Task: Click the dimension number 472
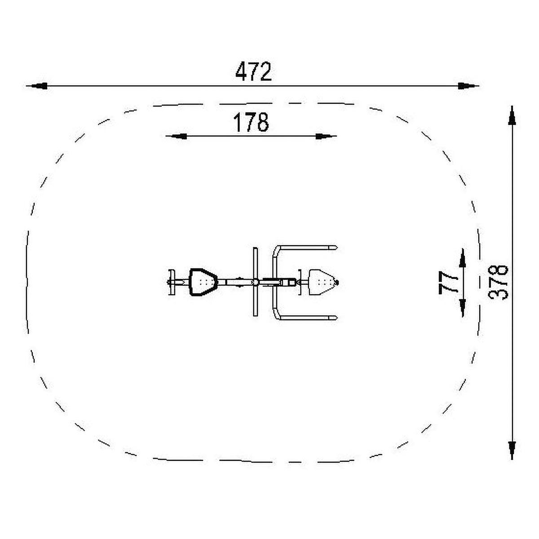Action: click(x=253, y=71)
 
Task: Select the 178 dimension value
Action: click(x=251, y=122)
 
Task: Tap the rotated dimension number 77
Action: click(x=448, y=283)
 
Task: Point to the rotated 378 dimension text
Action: click(x=498, y=283)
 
